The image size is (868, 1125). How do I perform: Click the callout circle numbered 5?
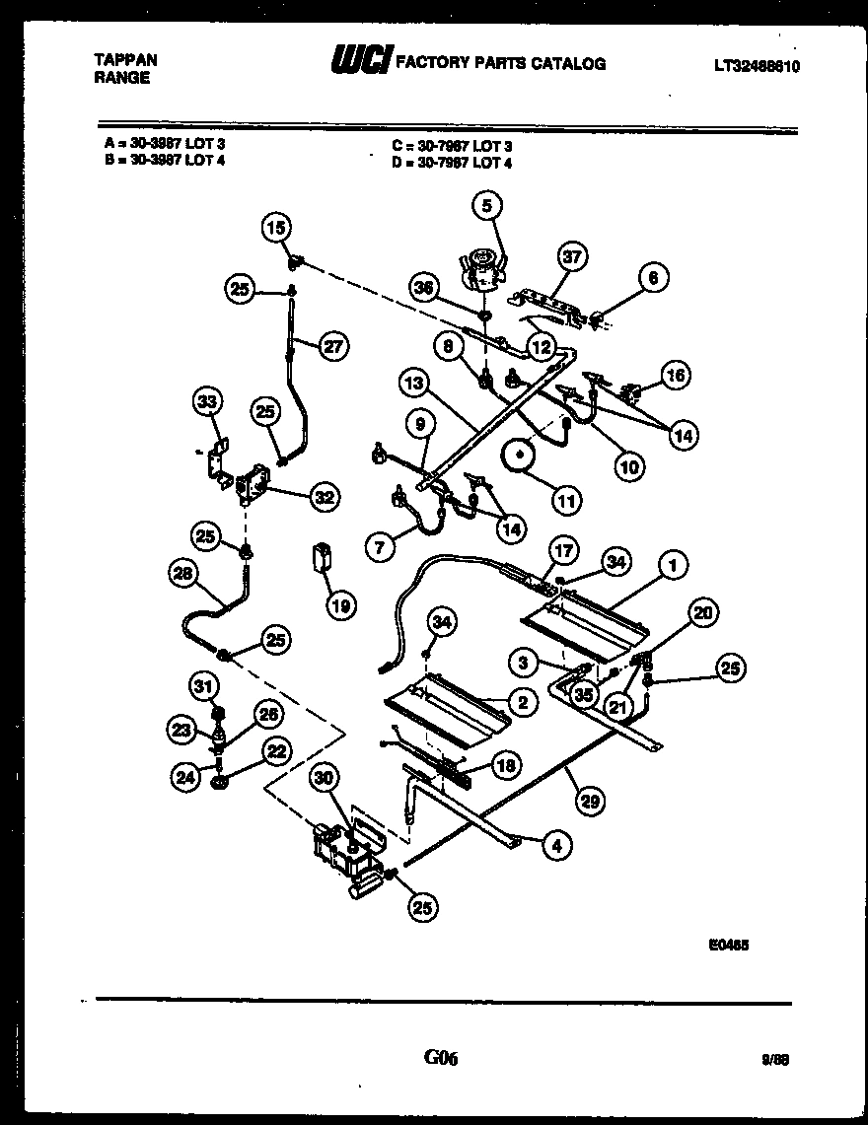pyautogui.click(x=485, y=205)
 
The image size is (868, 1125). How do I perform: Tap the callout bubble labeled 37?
pyautogui.click(x=573, y=258)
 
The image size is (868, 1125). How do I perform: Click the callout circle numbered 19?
pyautogui.click(x=340, y=605)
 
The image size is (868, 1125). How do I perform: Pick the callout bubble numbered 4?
pyautogui.click(x=555, y=844)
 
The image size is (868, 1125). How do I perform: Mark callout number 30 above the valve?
pyautogui.click(x=325, y=779)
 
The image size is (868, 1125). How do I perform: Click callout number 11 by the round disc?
pyautogui.click(x=565, y=502)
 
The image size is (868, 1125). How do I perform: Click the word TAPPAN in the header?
pyautogui.click(x=125, y=60)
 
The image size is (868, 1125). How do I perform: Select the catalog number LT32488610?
pyautogui.click(x=756, y=66)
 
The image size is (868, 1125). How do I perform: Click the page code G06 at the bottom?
pyautogui.click(x=441, y=1058)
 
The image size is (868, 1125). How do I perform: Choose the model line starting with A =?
pyautogui.click(x=164, y=144)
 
